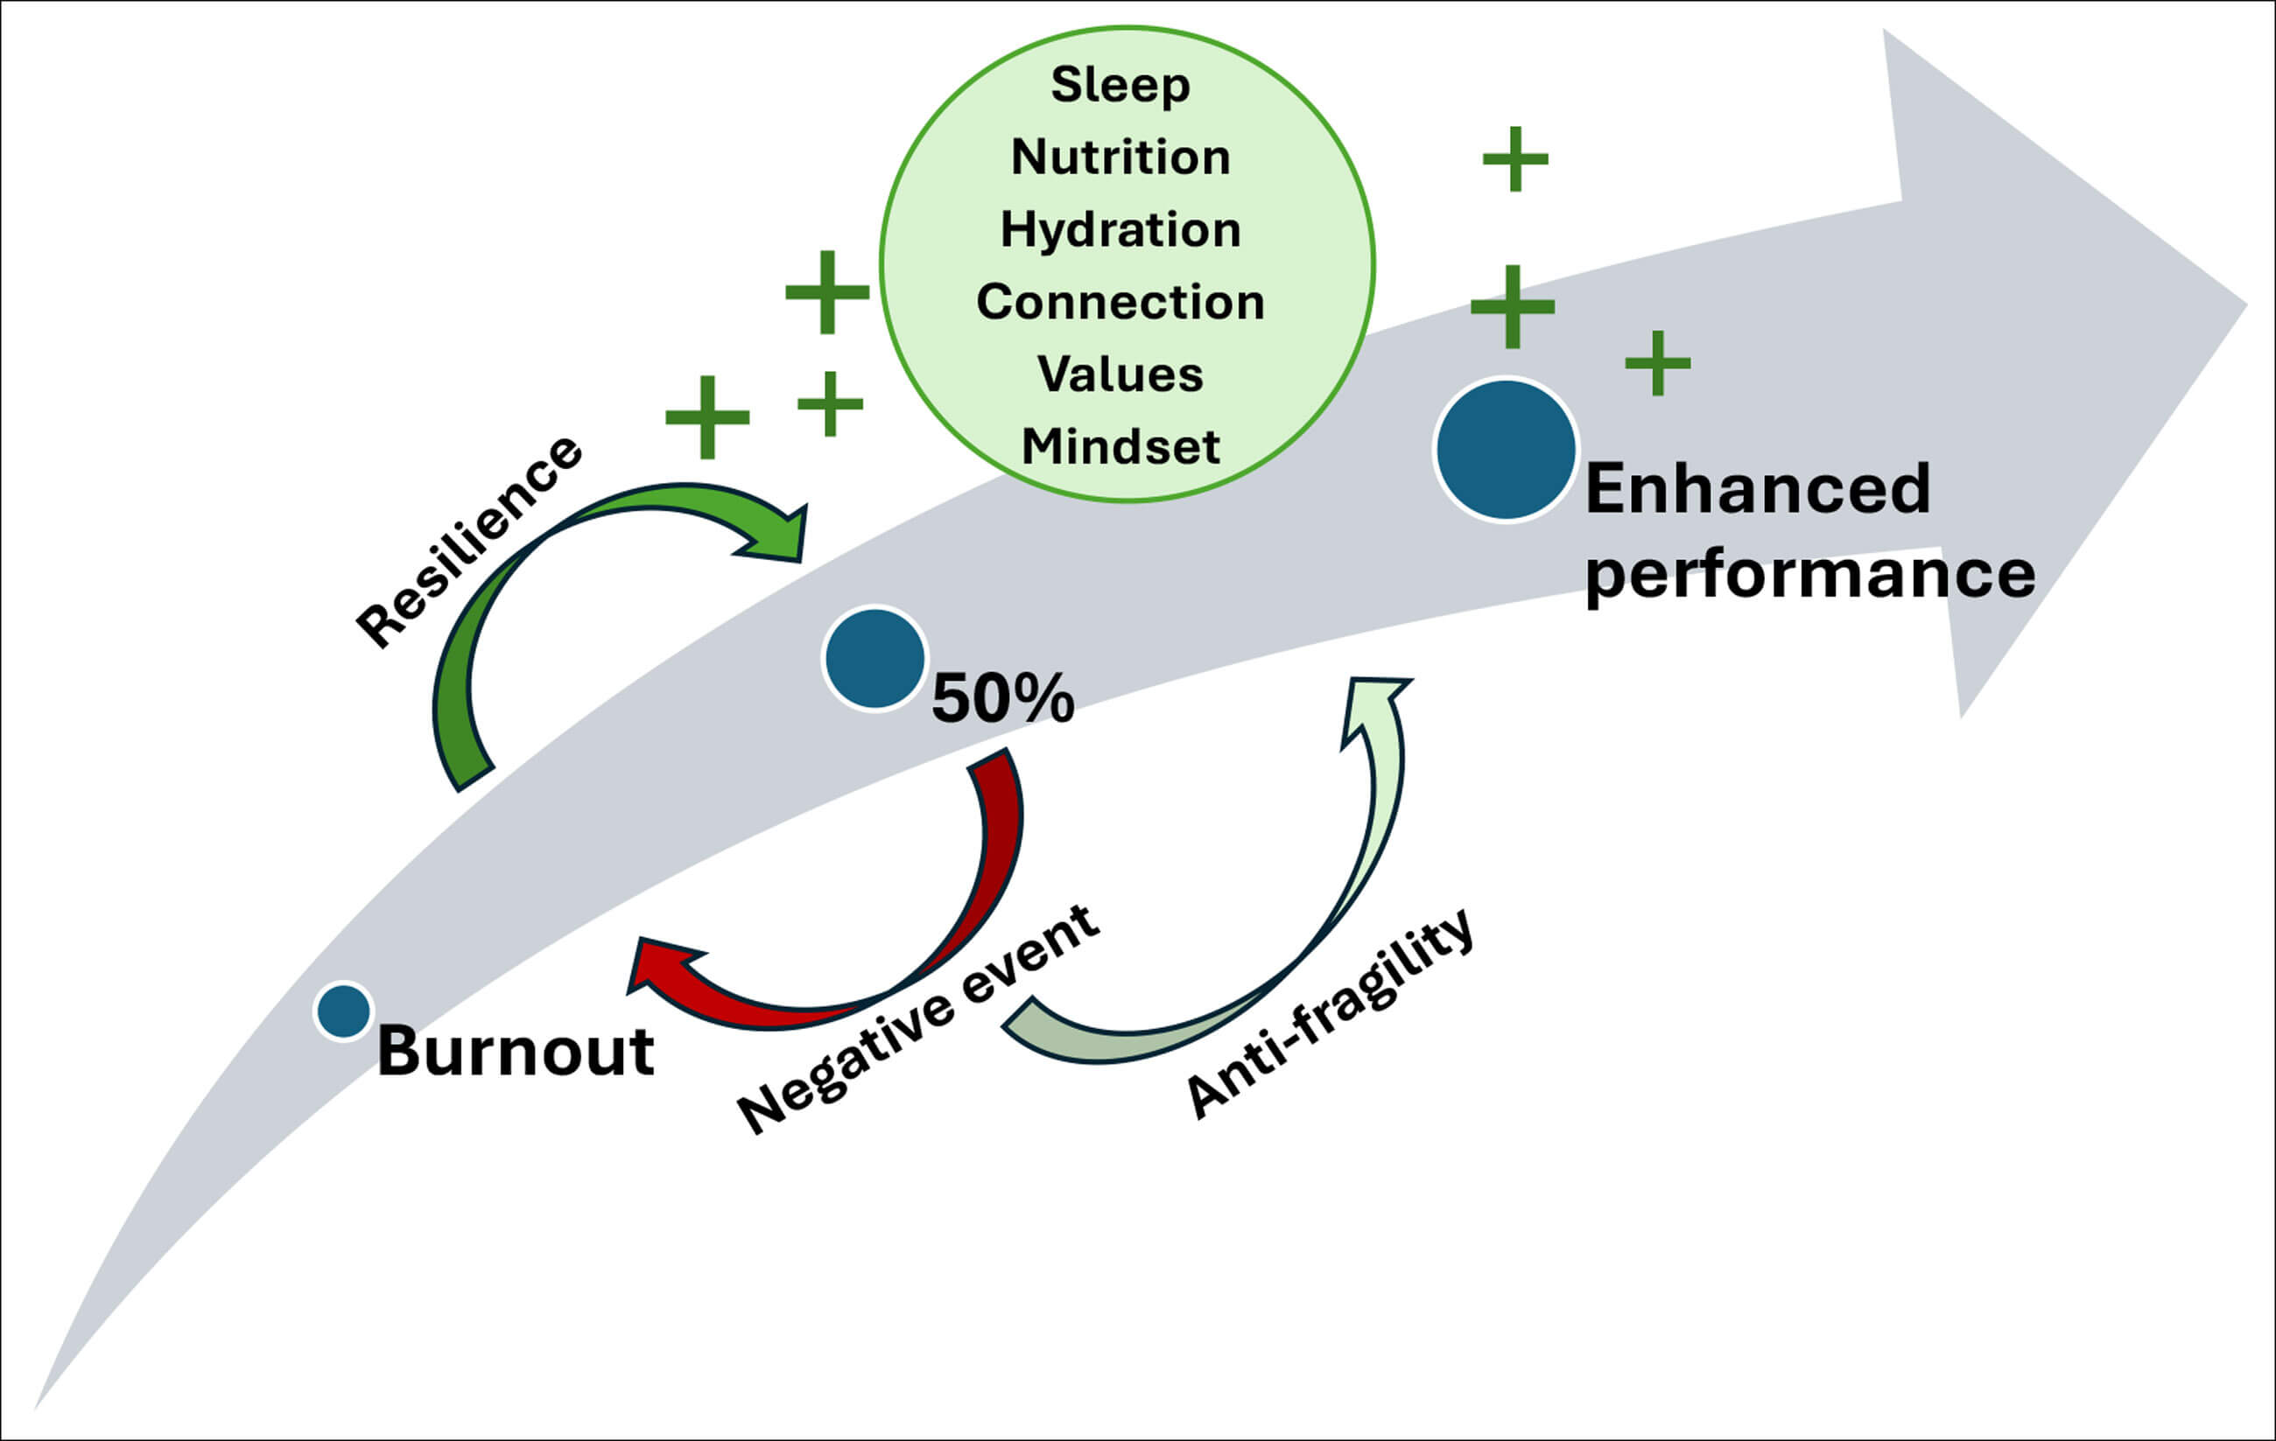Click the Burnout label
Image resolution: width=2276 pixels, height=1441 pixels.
pos(515,1051)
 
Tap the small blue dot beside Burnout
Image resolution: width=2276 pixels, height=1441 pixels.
pos(343,1011)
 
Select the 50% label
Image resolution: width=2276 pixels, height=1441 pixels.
pos(1002,699)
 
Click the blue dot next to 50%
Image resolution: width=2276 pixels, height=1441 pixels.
pos(875,659)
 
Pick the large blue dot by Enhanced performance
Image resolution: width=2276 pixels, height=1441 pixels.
pos(1506,450)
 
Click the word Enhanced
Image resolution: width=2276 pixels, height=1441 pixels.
pos(1757,489)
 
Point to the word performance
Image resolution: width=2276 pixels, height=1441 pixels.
pos(1809,574)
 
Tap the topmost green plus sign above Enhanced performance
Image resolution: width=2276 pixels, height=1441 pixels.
pos(1515,158)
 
